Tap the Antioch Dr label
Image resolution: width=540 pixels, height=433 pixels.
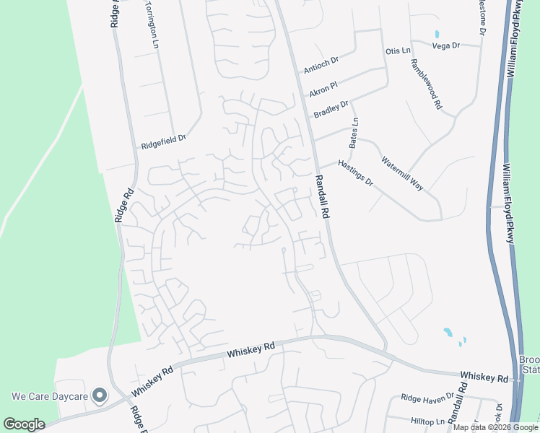(321, 65)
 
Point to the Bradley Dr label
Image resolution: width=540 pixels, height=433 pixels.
(331, 109)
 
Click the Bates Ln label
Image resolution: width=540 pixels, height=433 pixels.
(354, 134)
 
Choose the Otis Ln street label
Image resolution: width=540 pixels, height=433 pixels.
(398, 51)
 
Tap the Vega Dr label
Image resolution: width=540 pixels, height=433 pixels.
(445, 45)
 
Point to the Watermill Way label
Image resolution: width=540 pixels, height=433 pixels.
(402, 173)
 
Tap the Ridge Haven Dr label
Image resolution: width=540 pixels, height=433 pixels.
(427, 398)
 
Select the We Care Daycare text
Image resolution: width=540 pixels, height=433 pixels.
(48, 396)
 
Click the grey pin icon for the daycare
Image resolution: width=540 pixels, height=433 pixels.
(100, 396)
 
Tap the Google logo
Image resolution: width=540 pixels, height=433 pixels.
(24, 424)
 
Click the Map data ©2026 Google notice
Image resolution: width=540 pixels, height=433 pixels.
(495, 427)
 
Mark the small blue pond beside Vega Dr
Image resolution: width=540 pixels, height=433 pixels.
(437, 34)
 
